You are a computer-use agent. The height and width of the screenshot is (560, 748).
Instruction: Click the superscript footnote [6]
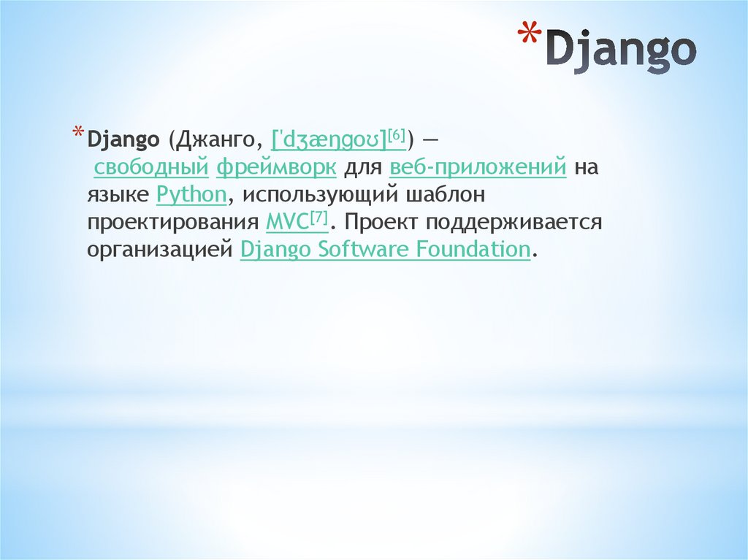pos(397,134)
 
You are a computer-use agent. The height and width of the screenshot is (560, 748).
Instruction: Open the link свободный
pos(151,167)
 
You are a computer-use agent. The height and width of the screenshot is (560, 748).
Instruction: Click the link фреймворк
pos(276,167)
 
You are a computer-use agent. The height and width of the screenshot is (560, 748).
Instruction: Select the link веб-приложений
pos(478,167)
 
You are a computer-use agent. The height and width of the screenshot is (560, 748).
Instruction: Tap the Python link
pos(191,195)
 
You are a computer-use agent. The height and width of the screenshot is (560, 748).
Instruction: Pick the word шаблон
pos(446,195)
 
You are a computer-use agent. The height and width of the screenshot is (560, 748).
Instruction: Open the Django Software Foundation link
pos(384,250)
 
